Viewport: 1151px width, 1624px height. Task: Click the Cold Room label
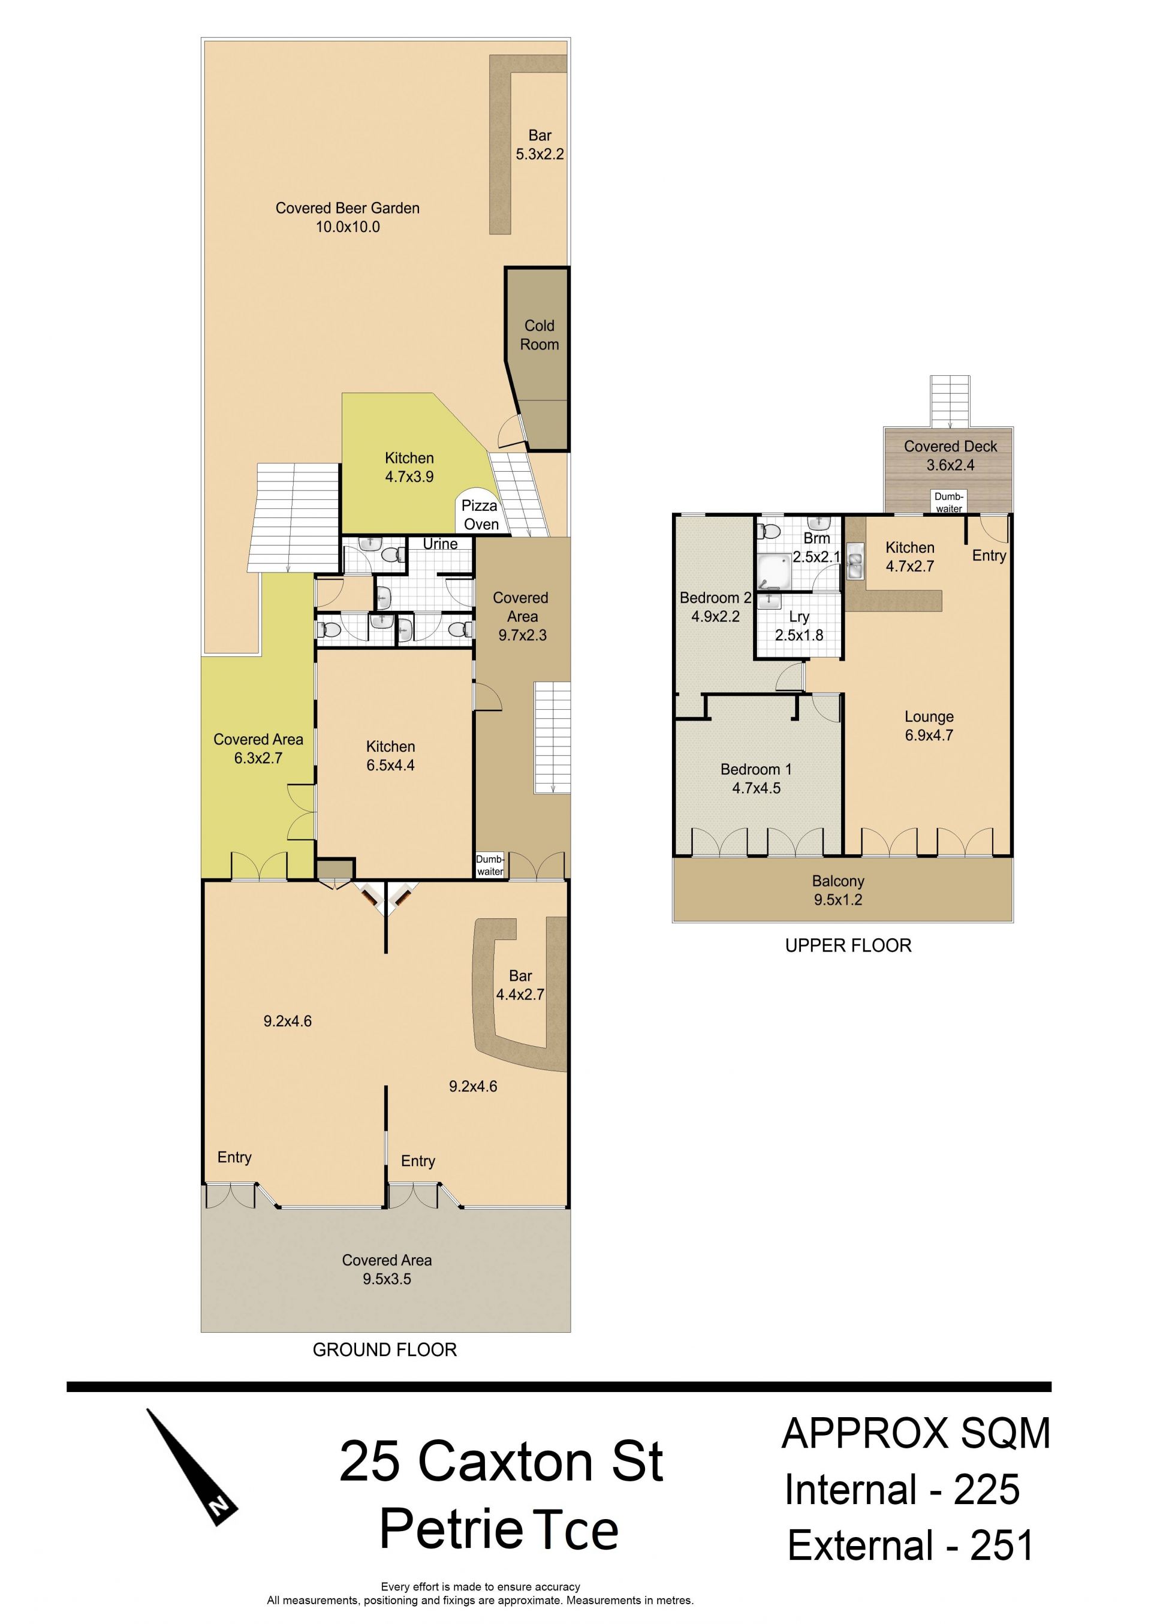(x=540, y=335)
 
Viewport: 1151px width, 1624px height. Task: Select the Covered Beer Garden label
(x=347, y=218)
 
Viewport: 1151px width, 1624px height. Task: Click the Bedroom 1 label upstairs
(x=756, y=779)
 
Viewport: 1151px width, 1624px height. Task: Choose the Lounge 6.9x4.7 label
(x=929, y=725)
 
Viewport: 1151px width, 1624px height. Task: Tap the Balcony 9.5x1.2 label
(x=839, y=891)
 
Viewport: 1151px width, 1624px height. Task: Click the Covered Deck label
(x=950, y=456)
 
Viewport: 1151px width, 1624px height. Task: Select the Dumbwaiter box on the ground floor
(x=490, y=865)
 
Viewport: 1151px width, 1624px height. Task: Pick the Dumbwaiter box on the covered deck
(x=948, y=502)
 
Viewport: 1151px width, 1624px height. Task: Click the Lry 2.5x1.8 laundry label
(x=799, y=626)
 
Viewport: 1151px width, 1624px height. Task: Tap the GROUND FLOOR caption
(x=385, y=1350)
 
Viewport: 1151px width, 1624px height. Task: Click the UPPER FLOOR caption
(x=848, y=945)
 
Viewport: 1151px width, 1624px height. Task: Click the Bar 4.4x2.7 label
(x=520, y=985)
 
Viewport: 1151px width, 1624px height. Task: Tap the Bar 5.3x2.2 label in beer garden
(x=540, y=144)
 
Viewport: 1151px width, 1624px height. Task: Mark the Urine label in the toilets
(x=440, y=544)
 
